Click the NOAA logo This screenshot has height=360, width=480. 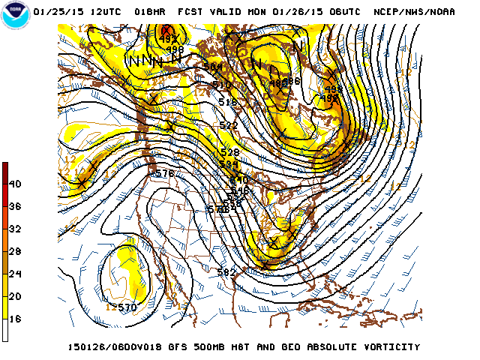click(x=14, y=16)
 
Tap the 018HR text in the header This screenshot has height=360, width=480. click(x=151, y=12)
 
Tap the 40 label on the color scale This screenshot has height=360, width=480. click(x=16, y=184)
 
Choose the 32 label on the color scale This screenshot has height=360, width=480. click(x=16, y=229)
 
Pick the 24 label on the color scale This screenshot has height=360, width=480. click(x=16, y=274)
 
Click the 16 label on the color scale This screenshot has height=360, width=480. click(x=16, y=319)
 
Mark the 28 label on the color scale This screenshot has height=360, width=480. click(x=16, y=251)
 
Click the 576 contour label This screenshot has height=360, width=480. click(x=164, y=173)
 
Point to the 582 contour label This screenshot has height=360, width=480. click(x=226, y=271)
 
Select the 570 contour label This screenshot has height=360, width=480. click(x=127, y=307)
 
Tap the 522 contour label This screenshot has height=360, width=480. click(x=229, y=125)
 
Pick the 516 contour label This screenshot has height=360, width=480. click(x=228, y=102)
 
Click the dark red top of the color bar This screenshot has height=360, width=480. click(x=5, y=167)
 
